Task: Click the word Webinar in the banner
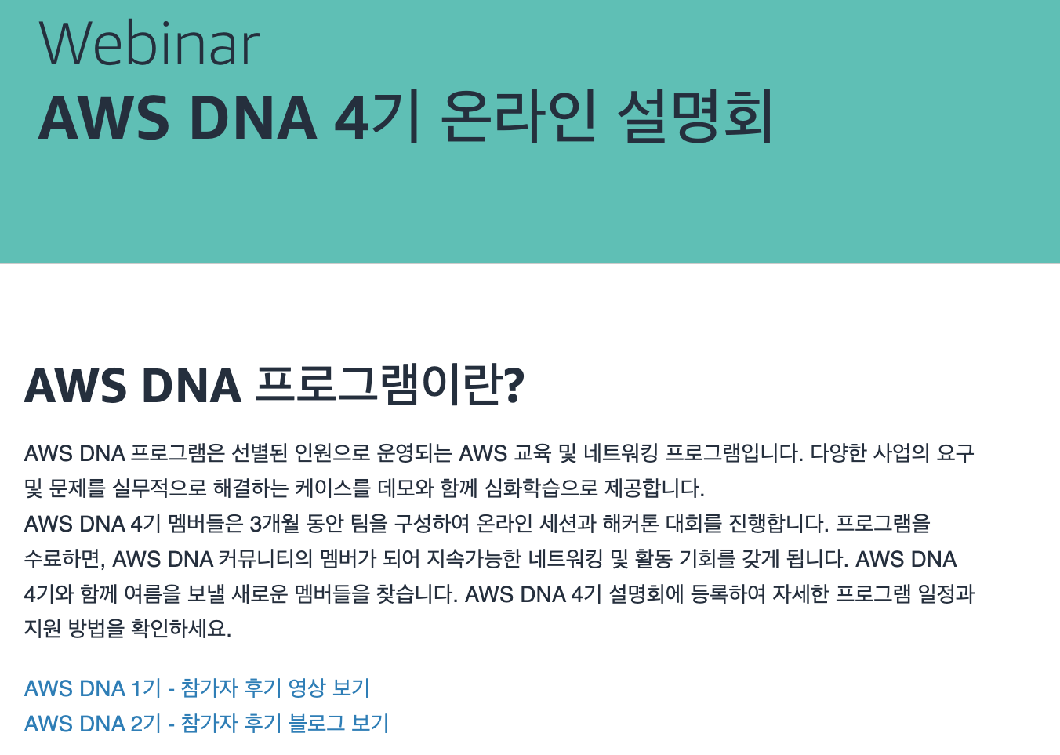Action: click(x=149, y=44)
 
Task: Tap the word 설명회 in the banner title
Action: click(x=695, y=118)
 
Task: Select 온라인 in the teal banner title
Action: click(x=518, y=118)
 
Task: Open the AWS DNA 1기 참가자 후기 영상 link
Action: click(x=197, y=688)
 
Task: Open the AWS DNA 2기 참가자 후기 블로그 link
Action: click(x=206, y=723)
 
